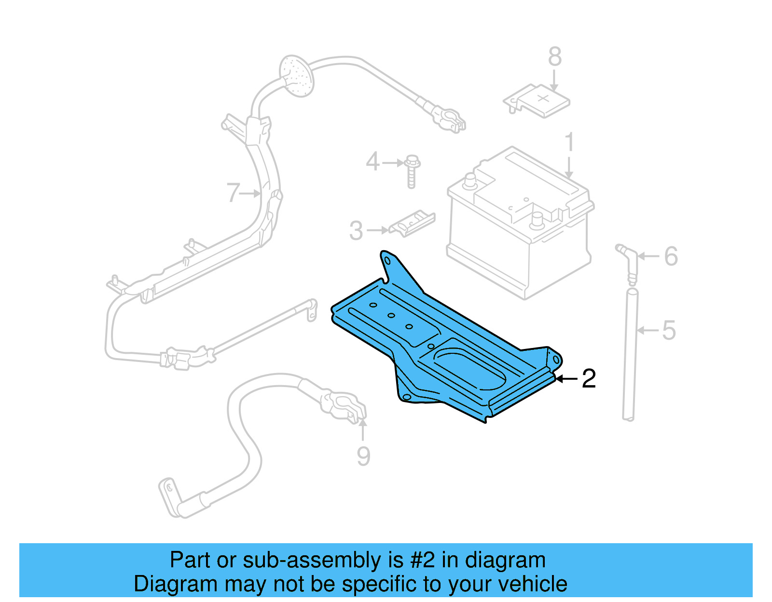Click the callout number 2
589,379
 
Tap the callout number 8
554,57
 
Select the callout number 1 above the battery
570,143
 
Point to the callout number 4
372,161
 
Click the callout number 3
356,231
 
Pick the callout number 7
233,193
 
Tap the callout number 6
671,256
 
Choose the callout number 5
669,331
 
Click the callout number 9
363,456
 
